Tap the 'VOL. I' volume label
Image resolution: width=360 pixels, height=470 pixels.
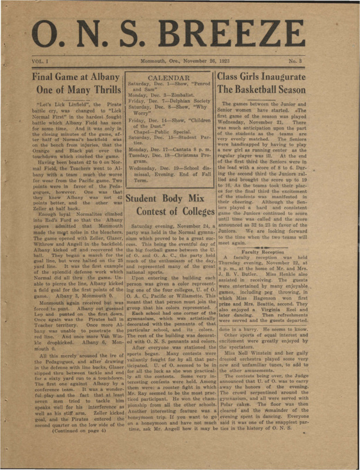(40, 61)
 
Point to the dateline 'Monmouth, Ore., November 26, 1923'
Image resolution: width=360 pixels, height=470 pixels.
(179, 61)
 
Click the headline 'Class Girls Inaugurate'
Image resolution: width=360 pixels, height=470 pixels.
(270, 76)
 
